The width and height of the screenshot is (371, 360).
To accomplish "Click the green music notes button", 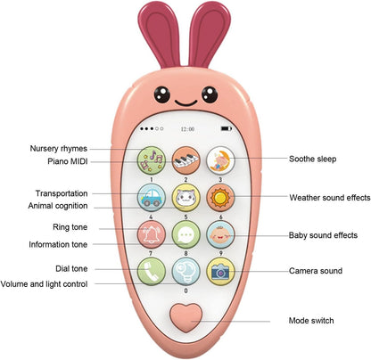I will tap(151, 160).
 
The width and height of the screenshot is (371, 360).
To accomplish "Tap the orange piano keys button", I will tap(185, 160).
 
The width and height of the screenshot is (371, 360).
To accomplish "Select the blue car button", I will tap(151, 198).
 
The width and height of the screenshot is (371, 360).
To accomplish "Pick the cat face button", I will tap(185, 198).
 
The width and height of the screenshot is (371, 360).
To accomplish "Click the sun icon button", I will tap(219, 198).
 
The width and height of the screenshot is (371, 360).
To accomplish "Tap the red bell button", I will tap(151, 234).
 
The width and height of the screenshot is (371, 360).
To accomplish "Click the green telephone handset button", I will tap(151, 271).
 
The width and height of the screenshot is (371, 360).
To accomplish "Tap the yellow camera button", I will tap(219, 271).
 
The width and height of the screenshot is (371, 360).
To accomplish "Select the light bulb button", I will tap(185, 271).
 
